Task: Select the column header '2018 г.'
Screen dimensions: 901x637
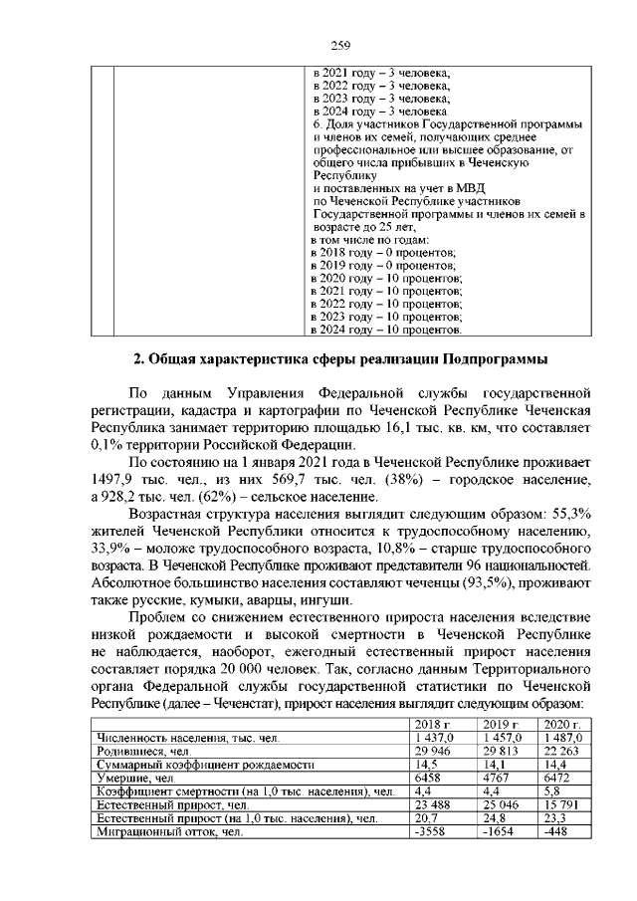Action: (432, 724)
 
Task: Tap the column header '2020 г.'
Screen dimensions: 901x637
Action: (563, 724)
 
